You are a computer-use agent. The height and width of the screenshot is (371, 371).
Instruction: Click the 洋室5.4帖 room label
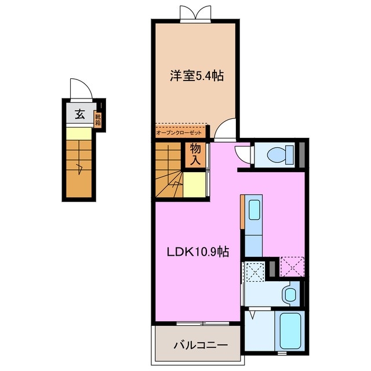point(197,76)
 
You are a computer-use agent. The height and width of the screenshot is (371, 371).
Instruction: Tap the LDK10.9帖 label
point(198,252)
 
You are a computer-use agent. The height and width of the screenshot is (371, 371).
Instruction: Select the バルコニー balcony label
point(201,345)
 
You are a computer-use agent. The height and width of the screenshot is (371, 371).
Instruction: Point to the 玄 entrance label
point(80,114)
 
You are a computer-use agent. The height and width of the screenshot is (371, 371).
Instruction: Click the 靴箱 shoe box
point(98,119)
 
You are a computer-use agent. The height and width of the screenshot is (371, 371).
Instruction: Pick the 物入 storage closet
point(195,155)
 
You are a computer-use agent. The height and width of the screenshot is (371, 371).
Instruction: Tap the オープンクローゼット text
point(179,133)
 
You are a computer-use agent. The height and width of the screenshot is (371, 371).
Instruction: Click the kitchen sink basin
point(254,210)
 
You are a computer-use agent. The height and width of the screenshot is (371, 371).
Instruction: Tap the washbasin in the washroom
point(290,294)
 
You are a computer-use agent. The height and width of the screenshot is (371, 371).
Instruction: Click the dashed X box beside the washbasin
point(255,272)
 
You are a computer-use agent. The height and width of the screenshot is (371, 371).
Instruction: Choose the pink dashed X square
point(292,267)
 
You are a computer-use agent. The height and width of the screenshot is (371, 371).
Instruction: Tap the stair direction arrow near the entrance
point(79,168)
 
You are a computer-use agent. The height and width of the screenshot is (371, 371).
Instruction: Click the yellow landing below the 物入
point(194,184)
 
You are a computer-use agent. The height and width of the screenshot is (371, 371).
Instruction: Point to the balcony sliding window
point(203,323)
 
